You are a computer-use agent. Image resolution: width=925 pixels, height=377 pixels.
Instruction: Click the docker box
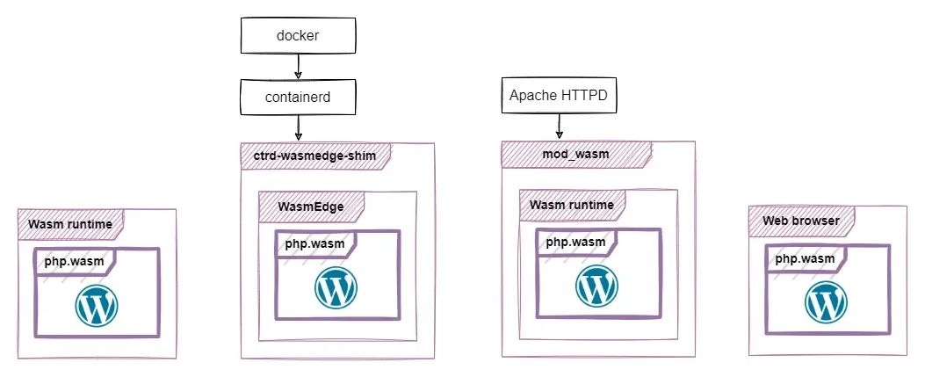pyautogui.click(x=298, y=36)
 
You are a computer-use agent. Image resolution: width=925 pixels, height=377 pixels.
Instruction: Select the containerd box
pyautogui.click(x=298, y=96)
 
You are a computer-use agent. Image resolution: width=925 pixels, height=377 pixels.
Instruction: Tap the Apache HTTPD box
pyautogui.click(x=558, y=95)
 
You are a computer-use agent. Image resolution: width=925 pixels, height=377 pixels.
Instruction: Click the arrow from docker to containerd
pyautogui.click(x=298, y=66)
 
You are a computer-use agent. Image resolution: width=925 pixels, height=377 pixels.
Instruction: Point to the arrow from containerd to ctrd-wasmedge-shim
pyautogui.click(x=298, y=127)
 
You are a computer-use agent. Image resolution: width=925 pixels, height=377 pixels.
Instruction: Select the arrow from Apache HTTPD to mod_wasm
pyautogui.click(x=558, y=127)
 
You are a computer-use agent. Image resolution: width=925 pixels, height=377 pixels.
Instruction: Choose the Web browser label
pyautogui.click(x=800, y=220)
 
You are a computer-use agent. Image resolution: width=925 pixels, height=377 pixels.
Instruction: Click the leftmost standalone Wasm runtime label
pyautogui.click(x=69, y=224)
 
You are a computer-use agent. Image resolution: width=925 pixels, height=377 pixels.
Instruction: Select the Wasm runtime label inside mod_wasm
pyautogui.click(x=571, y=206)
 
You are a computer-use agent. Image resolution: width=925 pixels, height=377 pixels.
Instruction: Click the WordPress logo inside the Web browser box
pyautogui.click(x=825, y=303)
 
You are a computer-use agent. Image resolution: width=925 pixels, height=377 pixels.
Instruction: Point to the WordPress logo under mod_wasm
pyautogui.click(x=596, y=286)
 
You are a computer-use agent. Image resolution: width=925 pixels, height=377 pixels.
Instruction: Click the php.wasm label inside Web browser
pyautogui.click(x=805, y=257)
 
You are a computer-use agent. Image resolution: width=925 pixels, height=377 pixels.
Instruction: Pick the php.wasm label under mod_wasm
pyautogui.click(x=575, y=241)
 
